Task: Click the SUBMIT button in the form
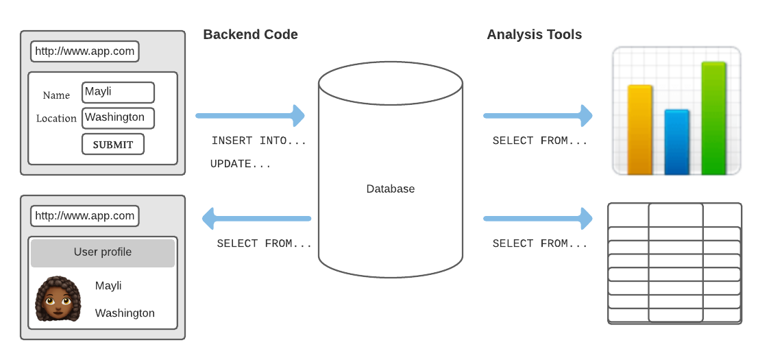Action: point(113,145)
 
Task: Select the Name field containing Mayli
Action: point(118,93)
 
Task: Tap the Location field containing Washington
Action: point(118,118)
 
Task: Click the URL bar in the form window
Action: point(85,51)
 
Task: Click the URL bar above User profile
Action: point(85,216)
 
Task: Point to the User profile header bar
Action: point(103,252)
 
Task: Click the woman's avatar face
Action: point(58,300)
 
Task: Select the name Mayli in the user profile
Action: point(108,286)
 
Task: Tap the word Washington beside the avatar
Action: point(125,313)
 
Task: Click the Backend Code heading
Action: point(250,34)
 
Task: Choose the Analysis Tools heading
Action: point(534,34)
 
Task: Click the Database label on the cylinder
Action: point(390,189)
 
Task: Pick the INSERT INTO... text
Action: point(258,141)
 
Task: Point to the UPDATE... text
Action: point(240,165)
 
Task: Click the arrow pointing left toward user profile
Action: point(256,219)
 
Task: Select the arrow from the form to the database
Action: point(250,116)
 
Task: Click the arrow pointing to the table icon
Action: point(538,219)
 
